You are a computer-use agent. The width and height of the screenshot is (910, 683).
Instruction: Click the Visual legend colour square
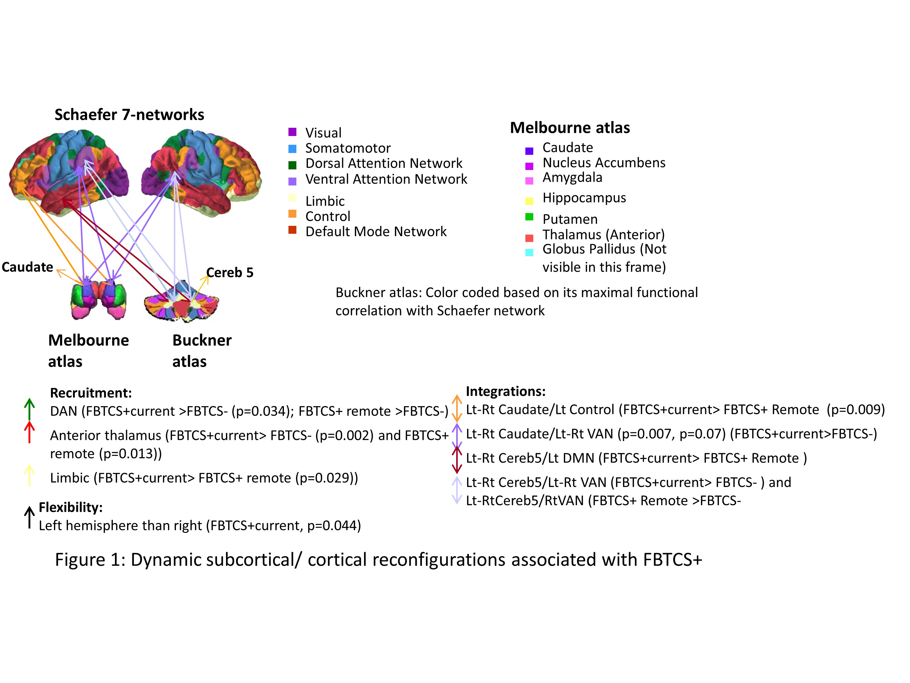pos(292,132)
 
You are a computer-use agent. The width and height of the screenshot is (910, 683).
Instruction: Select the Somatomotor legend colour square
pos(292,148)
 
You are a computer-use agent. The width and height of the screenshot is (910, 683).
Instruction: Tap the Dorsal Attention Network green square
pos(292,165)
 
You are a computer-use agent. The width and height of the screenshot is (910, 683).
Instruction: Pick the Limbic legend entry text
pos(325,201)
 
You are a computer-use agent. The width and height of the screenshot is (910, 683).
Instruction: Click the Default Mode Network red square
pos(292,230)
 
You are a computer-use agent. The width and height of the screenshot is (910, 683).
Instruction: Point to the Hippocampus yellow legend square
pos(529,201)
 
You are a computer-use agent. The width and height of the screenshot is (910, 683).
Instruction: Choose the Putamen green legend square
pos(529,217)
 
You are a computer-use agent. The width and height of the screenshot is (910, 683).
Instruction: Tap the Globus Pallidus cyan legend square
pos(529,252)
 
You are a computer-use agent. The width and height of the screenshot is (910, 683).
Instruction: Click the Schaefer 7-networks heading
pos(129,114)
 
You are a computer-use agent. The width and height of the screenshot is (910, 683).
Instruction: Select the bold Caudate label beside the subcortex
pos(27,267)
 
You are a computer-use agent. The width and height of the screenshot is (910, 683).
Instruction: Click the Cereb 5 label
pos(230,273)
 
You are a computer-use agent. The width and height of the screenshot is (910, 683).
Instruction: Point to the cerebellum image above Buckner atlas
pos(181,303)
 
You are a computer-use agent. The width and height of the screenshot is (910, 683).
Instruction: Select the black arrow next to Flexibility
pos(29,517)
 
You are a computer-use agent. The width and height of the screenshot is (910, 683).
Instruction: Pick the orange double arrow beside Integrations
pos(457,408)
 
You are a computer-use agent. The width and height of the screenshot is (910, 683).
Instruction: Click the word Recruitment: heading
pos(90,393)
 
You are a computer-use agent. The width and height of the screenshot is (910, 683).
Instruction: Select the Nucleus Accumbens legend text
pos(604,163)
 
